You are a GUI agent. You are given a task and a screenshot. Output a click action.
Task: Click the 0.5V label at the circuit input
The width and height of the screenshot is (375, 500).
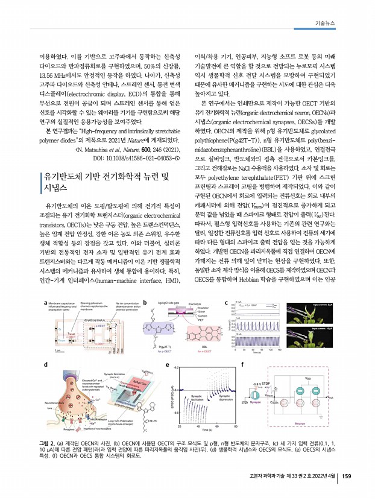click(x=245, y=402)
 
